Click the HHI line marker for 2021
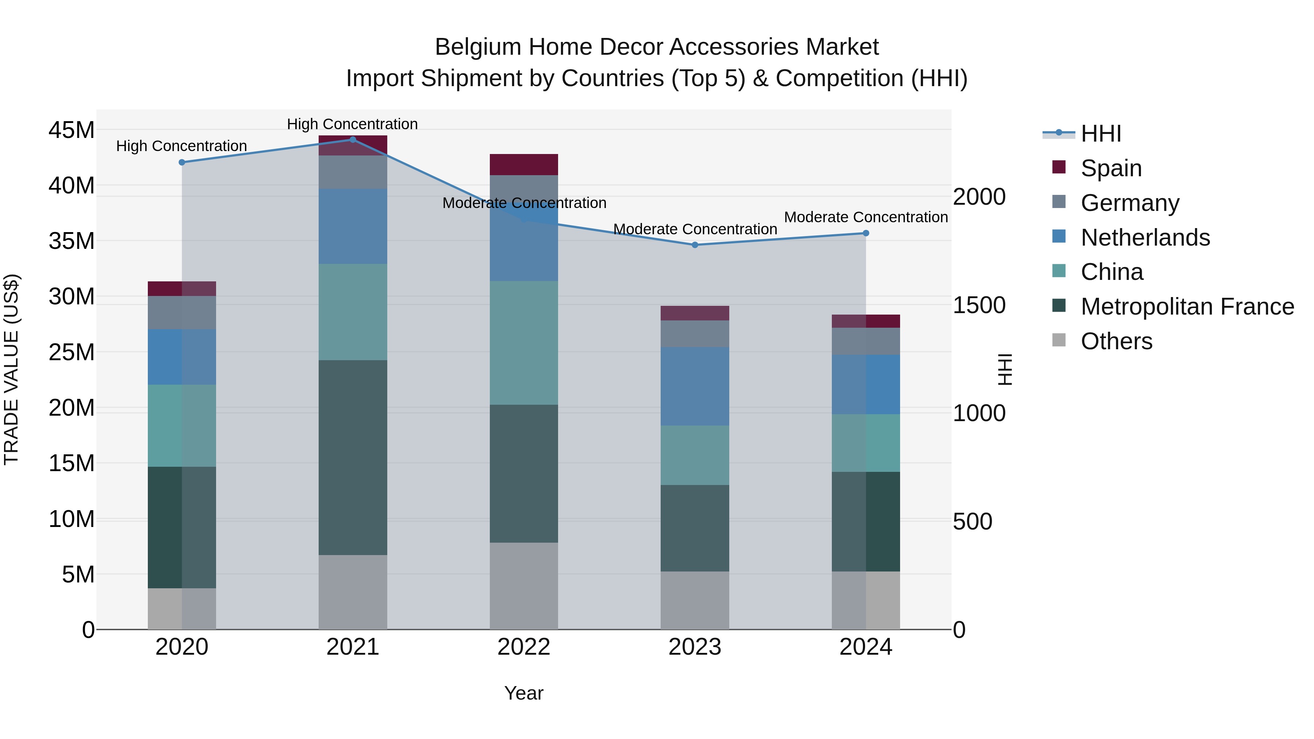click(x=353, y=139)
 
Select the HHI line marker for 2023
click(x=695, y=245)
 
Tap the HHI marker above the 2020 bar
click(x=182, y=162)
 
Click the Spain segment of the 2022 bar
click(x=524, y=164)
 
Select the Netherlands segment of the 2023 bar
click(x=695, y=386)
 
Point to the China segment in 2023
click(x=695, y=455)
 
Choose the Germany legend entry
click(x=1129, y=203)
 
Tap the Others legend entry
click(x=1116, y=341)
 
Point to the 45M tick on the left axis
click(x=72, y=130)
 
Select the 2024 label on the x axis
click(x=866, y=647)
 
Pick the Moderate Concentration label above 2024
click(x=866, y=217)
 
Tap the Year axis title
click(x=523, y=693)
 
